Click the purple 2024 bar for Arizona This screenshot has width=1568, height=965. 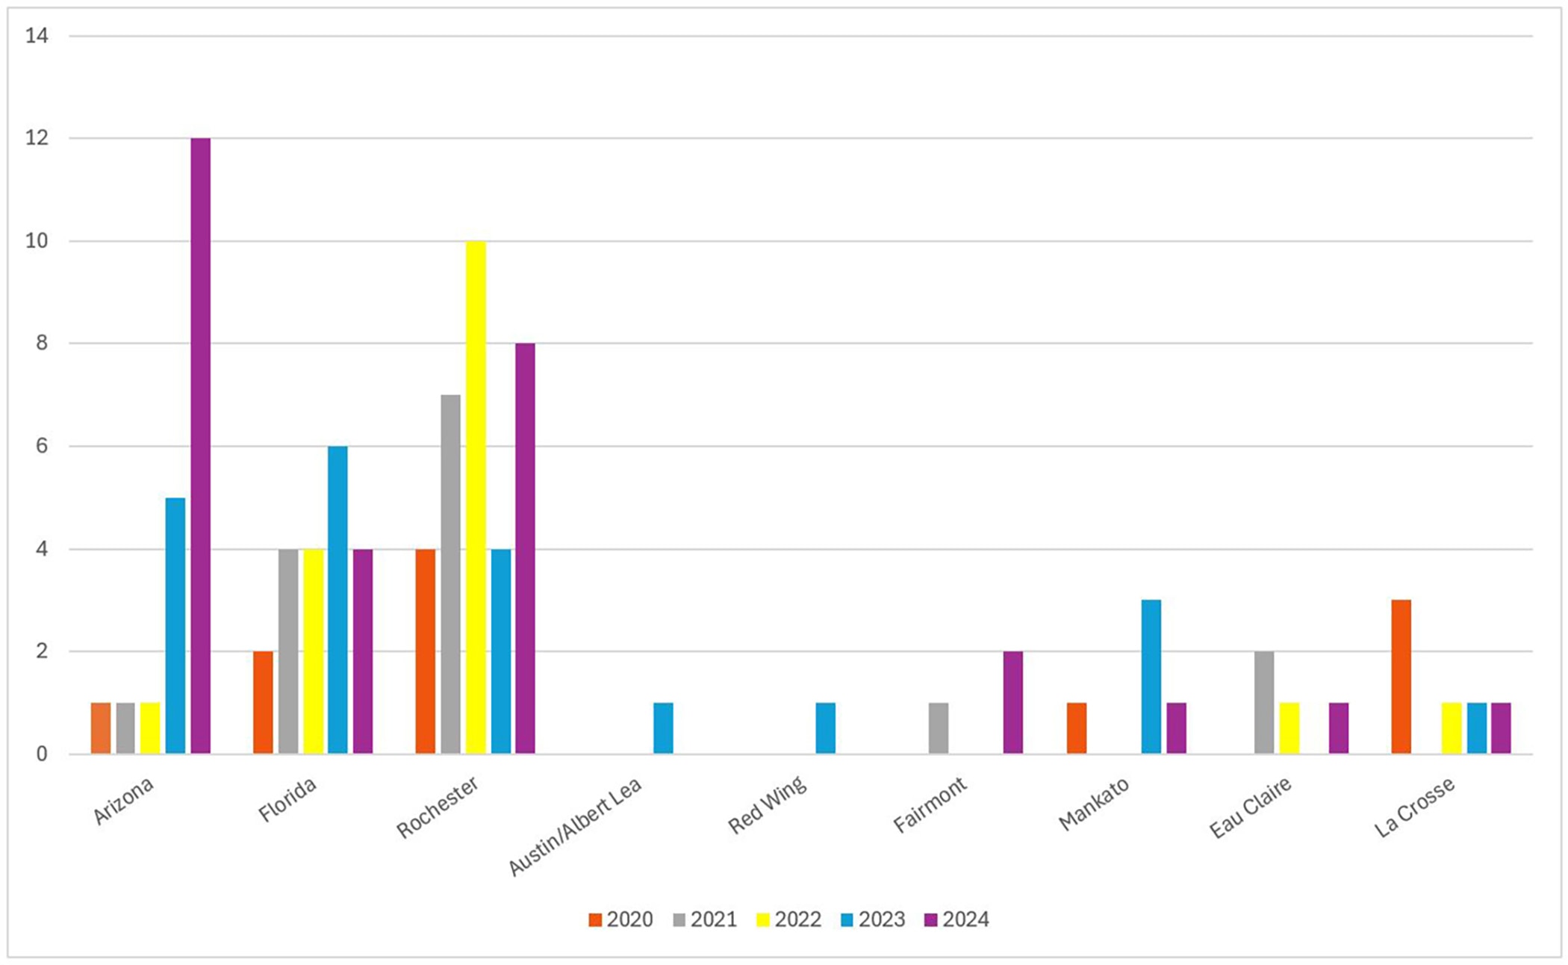pos(200,446)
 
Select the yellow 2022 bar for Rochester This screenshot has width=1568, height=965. pos(476,497)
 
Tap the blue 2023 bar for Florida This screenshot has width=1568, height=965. pos(337,600)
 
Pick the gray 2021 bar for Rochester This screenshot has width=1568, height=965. pos(450,574)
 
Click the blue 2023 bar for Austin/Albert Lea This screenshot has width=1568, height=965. pos(663,728)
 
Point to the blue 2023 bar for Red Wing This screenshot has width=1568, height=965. pos(825,728)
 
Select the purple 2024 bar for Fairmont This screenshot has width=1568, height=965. pos(1012,702)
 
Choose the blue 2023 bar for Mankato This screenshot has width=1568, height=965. pos(1151,677)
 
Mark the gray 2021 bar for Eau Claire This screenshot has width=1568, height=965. pos(1264,702)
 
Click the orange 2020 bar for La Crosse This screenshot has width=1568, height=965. pos(1401,677)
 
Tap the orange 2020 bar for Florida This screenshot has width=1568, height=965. pos(263,702)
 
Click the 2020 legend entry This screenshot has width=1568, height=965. pos(620,919)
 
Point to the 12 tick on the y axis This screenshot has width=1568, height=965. pos(37,138)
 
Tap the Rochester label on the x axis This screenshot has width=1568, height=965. pos(438,807)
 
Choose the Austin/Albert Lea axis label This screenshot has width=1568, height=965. pos(575,827)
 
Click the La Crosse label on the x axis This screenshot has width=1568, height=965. pos(1415,807)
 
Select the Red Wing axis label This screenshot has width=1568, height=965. pos(768,805)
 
